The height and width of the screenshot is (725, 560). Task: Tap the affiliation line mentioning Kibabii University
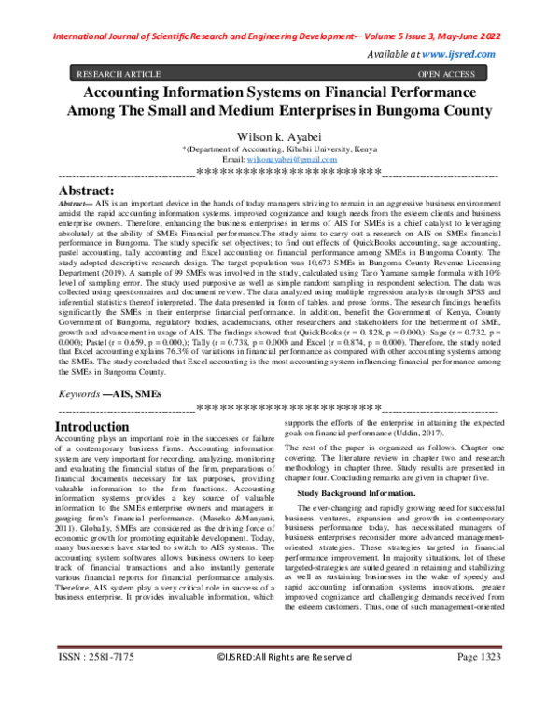(x=279, y=149)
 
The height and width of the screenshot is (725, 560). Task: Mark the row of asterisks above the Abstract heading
(x=279, y=173)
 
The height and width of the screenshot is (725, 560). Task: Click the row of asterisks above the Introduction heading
(x=279, y=410)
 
